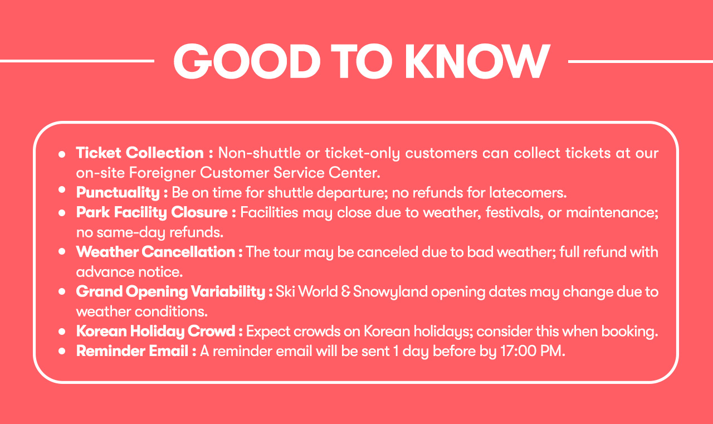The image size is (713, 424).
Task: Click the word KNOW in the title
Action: (x=477, y=61)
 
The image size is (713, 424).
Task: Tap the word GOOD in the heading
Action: (x=247, y=61)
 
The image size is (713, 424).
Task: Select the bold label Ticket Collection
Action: (x=140, y=153)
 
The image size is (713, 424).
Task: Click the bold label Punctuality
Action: (x=118, y=193)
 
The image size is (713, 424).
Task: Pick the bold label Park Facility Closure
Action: (x=152, y=212)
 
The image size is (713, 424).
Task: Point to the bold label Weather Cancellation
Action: (x=155, y=252)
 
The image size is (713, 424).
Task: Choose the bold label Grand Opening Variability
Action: (x=170, y=291)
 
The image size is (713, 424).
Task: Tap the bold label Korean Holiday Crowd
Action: (x=155, y=331)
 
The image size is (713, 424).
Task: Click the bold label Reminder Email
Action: (x=132, y=351)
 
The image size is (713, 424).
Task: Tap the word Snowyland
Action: (x=390, y=292)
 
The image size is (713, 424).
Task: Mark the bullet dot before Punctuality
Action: (x=62, y=190)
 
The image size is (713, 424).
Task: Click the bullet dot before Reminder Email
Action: (x=62, y=351)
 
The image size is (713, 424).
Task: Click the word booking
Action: (x=629, y=332)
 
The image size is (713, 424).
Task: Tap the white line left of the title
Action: (x=77, y=61)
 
